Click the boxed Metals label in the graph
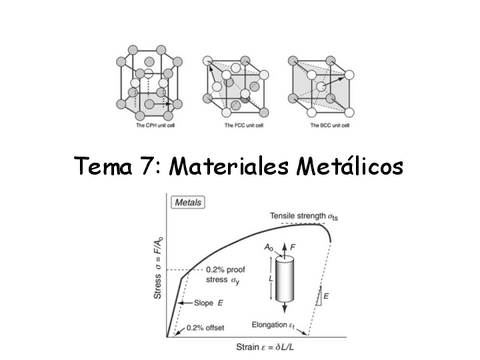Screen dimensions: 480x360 [x=190, y=203]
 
